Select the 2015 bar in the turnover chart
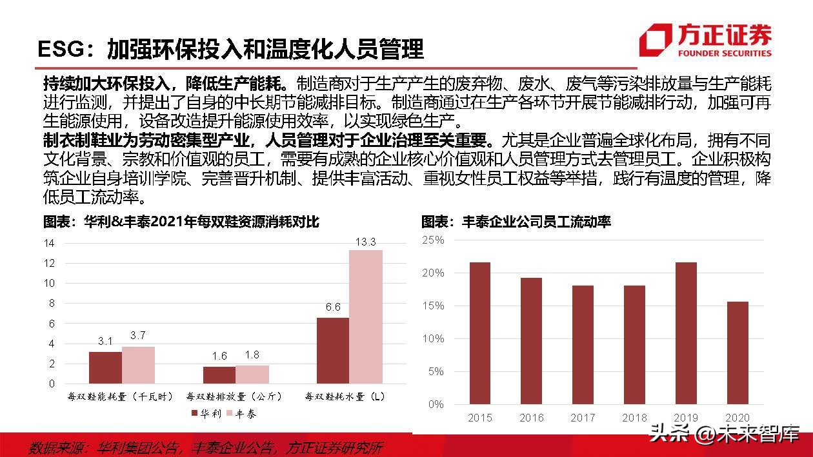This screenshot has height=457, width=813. [x=479, y=333]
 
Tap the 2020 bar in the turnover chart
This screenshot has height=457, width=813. [x=738, y=353]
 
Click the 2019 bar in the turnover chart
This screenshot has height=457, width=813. [x=685, y=333]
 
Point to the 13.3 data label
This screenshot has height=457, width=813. [x=365, y=242]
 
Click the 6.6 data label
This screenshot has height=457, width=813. [x=333, y=307]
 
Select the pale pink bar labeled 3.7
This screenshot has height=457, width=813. [x=139, y=365]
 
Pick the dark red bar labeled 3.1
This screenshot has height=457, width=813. [x=105, y=367]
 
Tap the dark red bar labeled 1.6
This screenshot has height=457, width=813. [x=219, y=374]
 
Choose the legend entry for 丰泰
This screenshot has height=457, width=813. [x=241, y=413]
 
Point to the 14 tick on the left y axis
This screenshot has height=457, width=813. [x=49, y=243]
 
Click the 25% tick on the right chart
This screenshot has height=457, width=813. [x=433, y=240]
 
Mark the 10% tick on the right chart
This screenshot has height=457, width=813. [x=433, y=338]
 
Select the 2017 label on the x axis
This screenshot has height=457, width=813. [x=583, y=418]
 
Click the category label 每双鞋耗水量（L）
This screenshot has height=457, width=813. [x=345, y=396]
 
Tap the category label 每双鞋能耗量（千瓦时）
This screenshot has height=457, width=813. [x=121, y=396]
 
